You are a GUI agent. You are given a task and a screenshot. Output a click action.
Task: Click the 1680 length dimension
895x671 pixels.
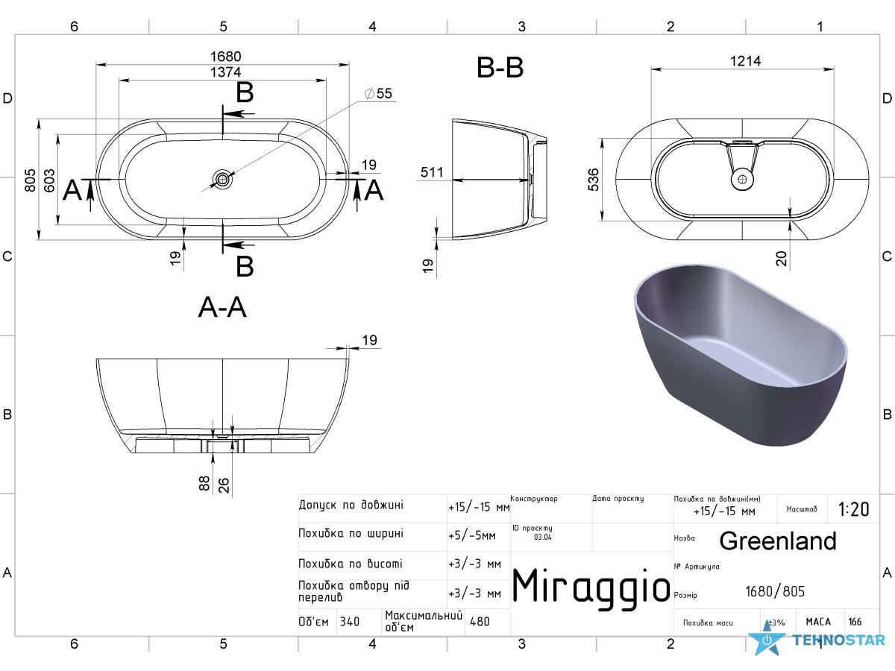pos(225,56)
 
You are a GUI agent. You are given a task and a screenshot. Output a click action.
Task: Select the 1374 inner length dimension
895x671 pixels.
pos(225,72)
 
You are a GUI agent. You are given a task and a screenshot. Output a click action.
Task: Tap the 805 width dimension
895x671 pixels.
pos(30,180)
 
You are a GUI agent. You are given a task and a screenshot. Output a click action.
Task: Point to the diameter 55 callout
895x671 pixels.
pos(378,93)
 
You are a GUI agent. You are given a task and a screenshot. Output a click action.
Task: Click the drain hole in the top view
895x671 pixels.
pos(222,179)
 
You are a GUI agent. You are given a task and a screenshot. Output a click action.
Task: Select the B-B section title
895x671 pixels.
pos(500,67)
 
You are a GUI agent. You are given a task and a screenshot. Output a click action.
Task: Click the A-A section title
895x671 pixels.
pos(222,306)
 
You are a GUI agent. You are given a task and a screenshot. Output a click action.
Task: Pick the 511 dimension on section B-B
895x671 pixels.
pos(431,172)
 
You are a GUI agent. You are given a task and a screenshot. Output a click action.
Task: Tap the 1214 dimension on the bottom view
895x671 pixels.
pos(745,61)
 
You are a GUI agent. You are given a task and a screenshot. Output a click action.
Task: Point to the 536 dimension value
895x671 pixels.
pos(593,180)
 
